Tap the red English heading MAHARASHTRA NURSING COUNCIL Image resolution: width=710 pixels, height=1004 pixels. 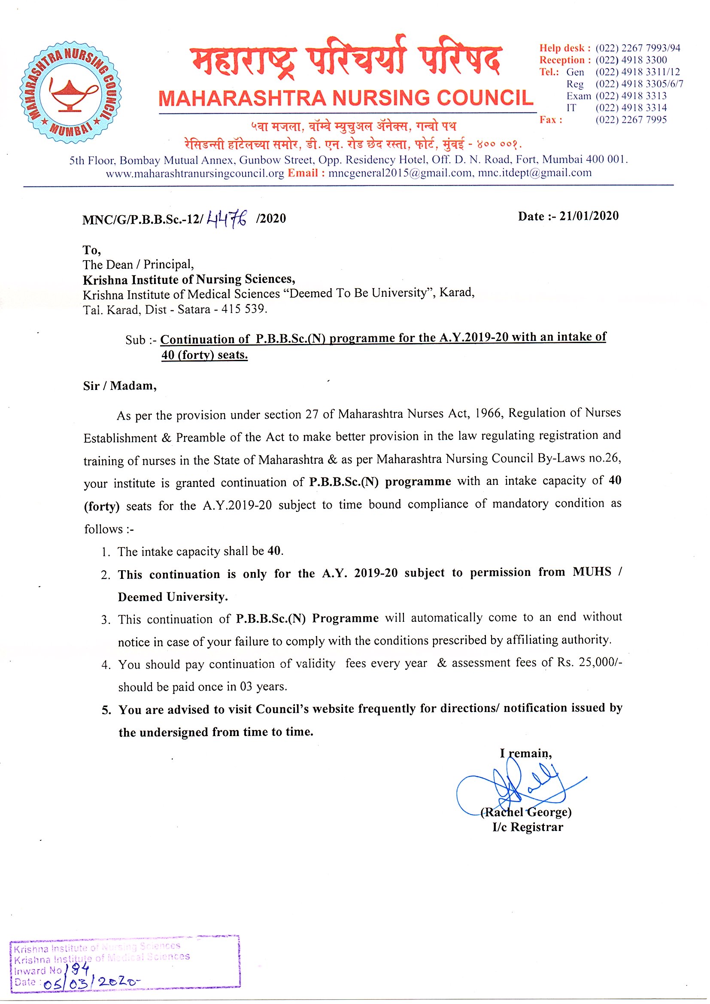click(x=346, y=98)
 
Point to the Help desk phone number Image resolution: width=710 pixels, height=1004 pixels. click(x=637, y=48)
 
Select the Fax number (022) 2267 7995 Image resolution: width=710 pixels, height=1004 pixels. click(x=631, y=120)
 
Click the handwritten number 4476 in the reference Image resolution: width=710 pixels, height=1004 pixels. click(x=228, y=218)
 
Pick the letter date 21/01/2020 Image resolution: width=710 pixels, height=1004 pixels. click(x=589, y=216)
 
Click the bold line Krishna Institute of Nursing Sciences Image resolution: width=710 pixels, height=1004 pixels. click(x=189, y=280)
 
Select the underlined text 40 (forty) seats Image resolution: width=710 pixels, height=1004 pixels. click(x=205, y=355)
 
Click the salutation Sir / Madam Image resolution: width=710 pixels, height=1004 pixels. click(x=119, y=386)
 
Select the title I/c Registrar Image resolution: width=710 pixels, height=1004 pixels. click(x=528, y=828)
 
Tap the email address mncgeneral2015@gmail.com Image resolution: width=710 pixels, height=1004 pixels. click(x=400, y=173)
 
